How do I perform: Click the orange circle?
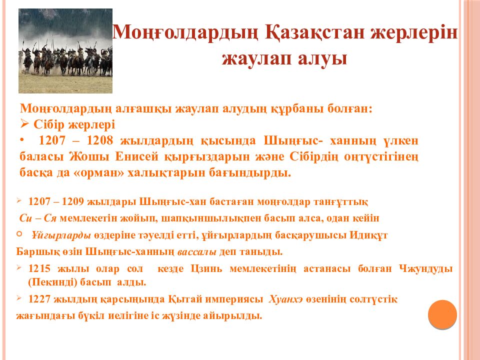pos(442,314)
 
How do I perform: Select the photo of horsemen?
pos(65,51)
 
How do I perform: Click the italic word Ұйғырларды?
pos(61,235)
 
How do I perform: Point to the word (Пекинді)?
pos(50,282)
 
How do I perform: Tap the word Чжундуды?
pos(426,269)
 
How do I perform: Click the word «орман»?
pos(109,173)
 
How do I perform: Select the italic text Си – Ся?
pos(37,218)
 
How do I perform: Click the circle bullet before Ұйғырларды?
pos(19,233)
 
